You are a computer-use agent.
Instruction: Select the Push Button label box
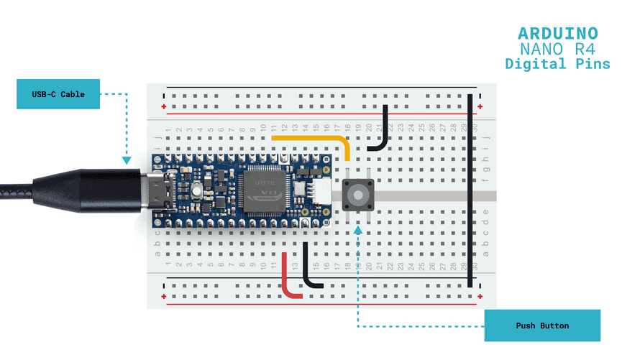[x=541, y=326]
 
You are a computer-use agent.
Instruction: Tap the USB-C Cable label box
[x=58, y=94]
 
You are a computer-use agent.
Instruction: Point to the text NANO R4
[x=558, y=49]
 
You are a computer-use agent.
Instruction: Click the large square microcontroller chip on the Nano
[x=266, y=190]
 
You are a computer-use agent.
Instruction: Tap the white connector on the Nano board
[x=322, y=190]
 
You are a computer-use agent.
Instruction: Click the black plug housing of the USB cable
[x=108, y=190]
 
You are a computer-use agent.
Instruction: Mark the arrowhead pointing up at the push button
[x=358, y=229]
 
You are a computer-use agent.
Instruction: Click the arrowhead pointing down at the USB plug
[x=127, y=162]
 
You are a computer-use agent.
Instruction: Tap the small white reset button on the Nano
[x=196, y=192]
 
